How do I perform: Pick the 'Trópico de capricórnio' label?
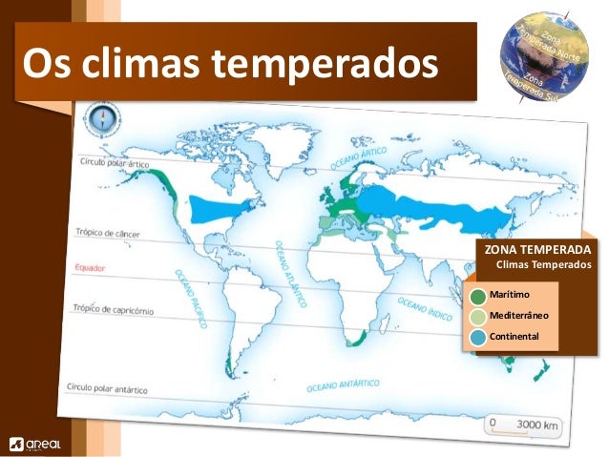[x=116, y=308]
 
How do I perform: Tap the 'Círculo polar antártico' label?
[x=106, y=388]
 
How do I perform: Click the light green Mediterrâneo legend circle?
[x=478, y=316]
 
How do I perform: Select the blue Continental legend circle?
[x=478, y=337]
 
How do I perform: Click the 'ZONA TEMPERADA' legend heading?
[x=538, y=250]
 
